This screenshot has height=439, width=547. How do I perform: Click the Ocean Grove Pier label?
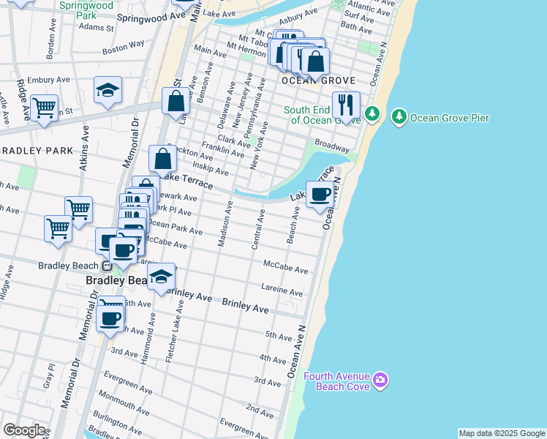click(449, 118)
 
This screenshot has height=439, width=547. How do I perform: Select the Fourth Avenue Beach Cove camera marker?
click(380, 379)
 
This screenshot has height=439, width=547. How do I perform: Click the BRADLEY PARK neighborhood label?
click(37, 151)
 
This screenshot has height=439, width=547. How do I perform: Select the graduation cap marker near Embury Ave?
click(107, 90)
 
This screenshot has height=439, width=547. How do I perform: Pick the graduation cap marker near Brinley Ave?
click(162, 277)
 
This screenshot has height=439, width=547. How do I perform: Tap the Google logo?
click(23, 430)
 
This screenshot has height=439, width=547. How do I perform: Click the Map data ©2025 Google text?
click(502, 433)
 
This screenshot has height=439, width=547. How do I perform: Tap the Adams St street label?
click(97, 28)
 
